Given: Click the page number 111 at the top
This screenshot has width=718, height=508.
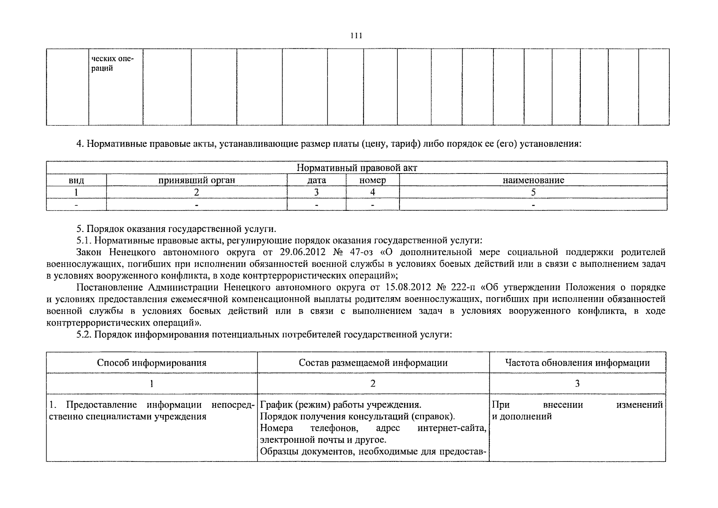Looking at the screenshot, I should pos(356,36).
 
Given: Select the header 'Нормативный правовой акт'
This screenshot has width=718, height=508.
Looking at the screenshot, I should pos(357,168).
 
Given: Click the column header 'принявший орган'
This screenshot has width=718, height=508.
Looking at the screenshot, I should pos(197,180).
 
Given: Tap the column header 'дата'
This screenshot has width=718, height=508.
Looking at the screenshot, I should pos(316,180).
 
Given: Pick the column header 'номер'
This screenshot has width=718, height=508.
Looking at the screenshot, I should pos(372,180).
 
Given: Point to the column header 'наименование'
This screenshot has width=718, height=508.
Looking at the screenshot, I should pos(533,180).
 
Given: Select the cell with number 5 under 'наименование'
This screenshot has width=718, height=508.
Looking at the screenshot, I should pos(533,192).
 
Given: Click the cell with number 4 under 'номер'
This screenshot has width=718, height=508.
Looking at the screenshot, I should pos(372,192).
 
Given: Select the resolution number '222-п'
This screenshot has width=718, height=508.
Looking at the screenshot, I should pos(465,287).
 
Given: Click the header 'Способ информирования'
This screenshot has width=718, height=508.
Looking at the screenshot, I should pos(152,363).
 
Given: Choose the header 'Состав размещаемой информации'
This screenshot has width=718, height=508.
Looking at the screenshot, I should pos(373,363).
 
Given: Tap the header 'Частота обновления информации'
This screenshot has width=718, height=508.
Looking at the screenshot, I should pos(577,363).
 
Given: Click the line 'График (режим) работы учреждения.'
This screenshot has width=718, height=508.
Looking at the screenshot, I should pos(340,405).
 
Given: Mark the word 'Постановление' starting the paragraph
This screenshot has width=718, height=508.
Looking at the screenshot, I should pos(111,287).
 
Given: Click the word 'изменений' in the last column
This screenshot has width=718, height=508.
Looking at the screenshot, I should pos(639,405).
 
